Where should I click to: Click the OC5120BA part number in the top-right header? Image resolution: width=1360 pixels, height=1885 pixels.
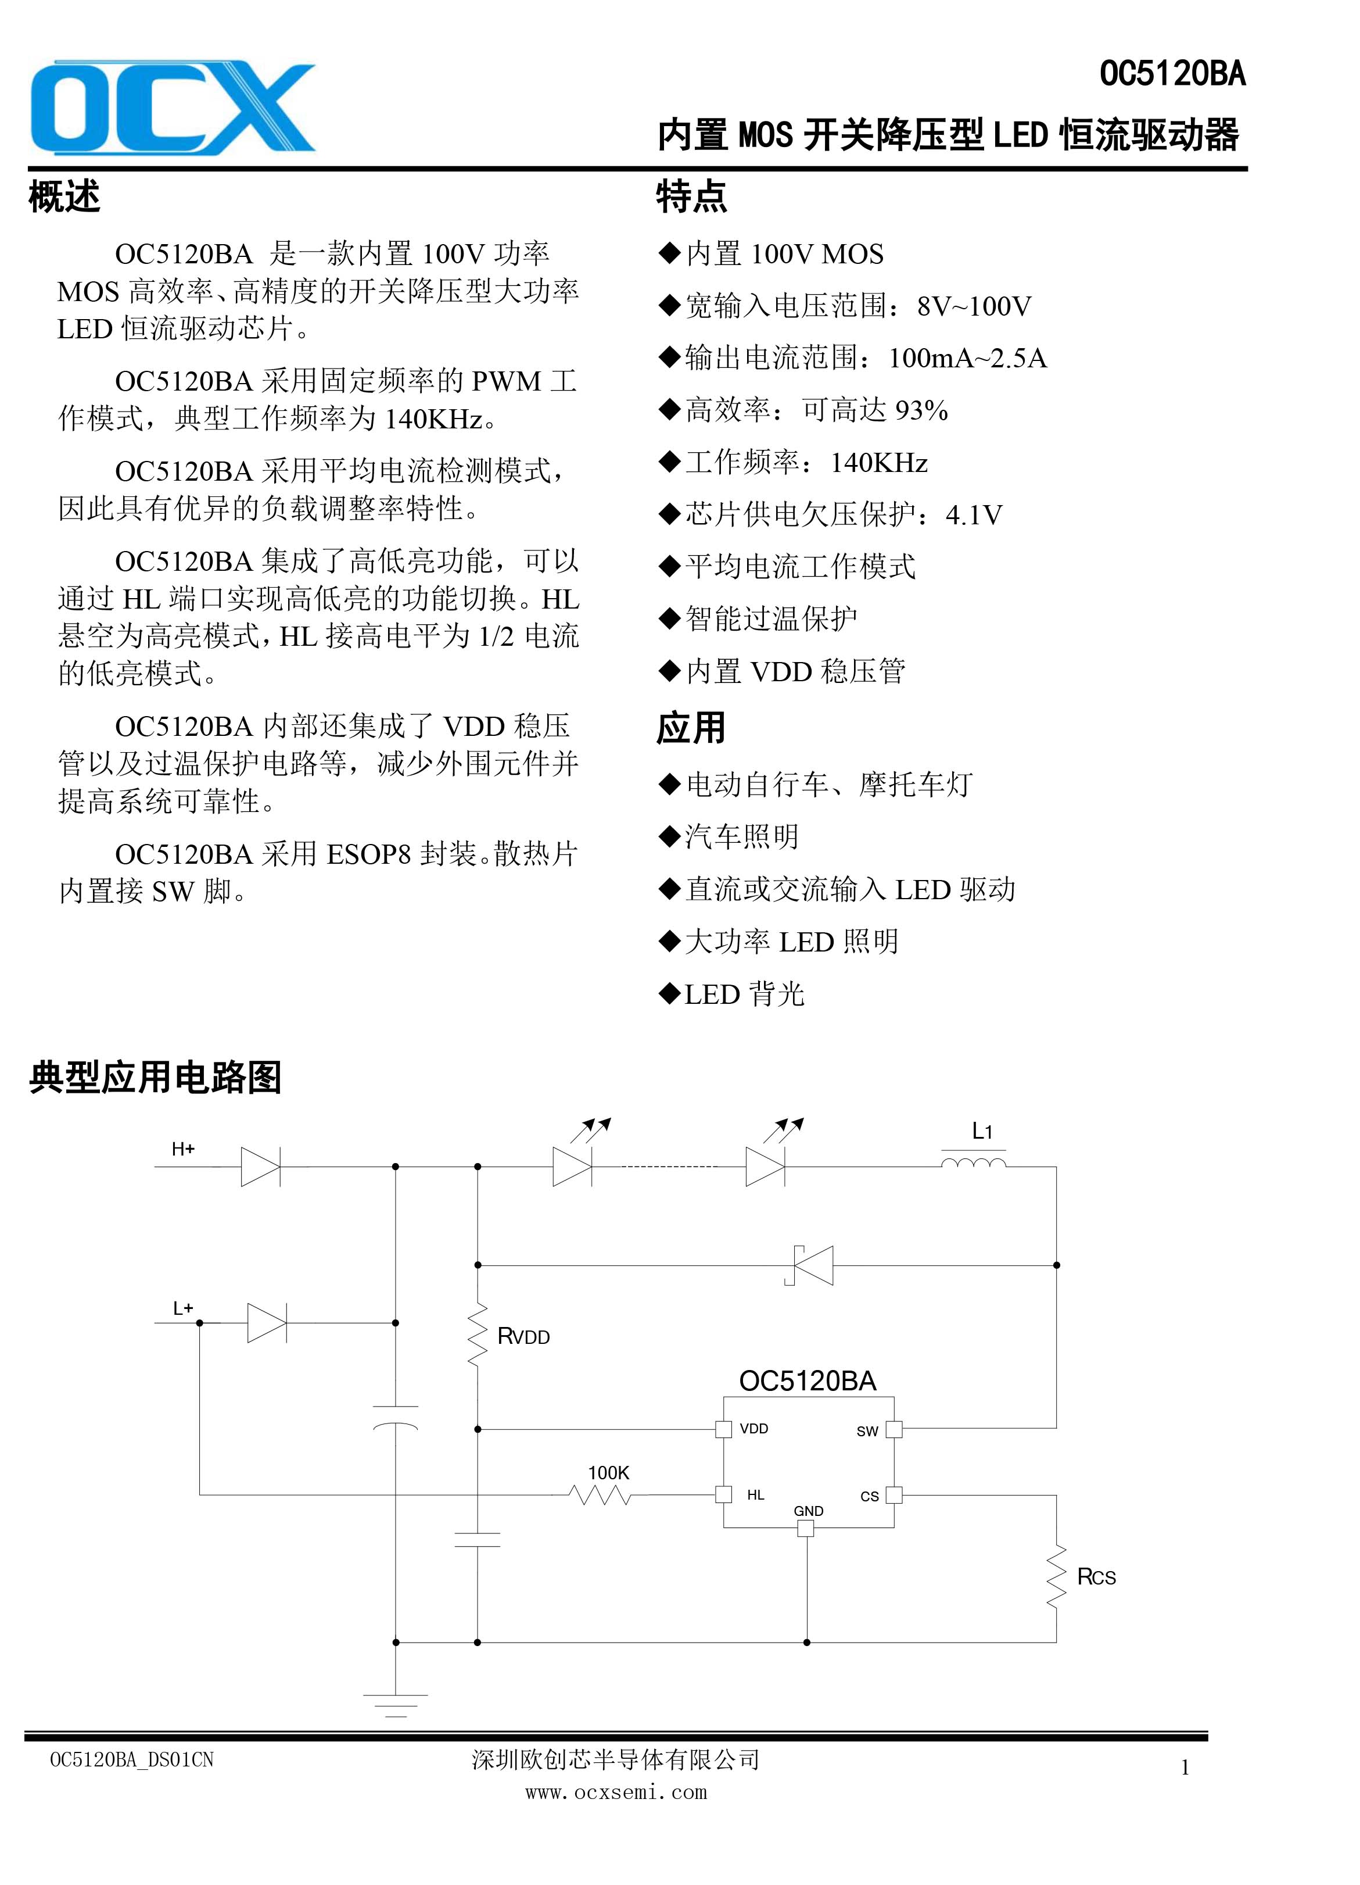pos(1172,74)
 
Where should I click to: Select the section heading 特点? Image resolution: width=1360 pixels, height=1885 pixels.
pos(691,197)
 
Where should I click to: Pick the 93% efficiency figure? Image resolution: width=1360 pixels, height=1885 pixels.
pos(921,410)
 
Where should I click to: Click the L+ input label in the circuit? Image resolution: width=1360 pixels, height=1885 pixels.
pos(183,1308)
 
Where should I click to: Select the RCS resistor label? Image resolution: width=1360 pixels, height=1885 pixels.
pos(1097,1577)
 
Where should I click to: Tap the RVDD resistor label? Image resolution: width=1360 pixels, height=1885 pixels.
pos(523,1336)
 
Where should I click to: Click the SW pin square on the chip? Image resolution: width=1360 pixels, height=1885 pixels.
pos(894,1429)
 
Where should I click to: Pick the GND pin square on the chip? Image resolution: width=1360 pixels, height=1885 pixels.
pos(806,1528)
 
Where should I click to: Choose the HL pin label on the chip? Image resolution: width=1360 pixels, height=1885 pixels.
pos(755,1494)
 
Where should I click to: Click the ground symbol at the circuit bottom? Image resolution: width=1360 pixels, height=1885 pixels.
pos(396,1705)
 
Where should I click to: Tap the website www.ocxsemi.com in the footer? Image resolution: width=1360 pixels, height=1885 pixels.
pos(616,1792)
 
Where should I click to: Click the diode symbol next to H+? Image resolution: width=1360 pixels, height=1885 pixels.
pos(261,1167)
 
